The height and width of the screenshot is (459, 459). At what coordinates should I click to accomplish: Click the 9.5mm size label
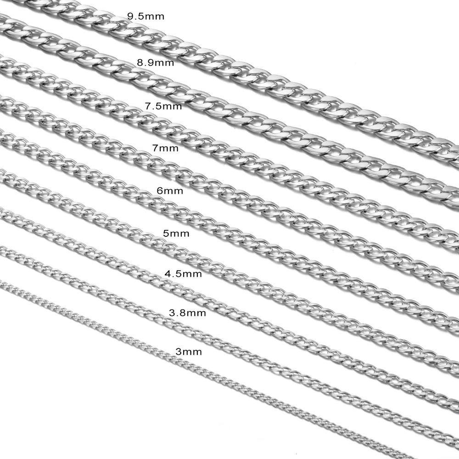tap(146, 17)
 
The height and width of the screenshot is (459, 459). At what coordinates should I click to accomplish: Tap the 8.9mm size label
tap(156, 62)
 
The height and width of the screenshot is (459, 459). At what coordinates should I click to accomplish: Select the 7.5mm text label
tap(163, 106)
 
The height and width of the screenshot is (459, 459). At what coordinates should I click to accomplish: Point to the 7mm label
tap(165, 148)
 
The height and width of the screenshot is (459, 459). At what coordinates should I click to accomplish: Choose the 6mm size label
tap(170, 191)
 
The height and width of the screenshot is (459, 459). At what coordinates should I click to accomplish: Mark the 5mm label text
tap(176, 234)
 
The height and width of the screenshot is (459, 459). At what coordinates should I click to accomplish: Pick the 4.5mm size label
tap(183, 274)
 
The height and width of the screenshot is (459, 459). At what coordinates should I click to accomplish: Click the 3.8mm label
tap(187, 313)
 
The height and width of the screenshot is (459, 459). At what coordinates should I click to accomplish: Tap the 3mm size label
tap(189, 352)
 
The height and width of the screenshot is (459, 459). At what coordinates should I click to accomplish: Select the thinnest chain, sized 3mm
tap(205, 369)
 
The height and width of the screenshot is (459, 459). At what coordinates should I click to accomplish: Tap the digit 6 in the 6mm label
tap(160, 191)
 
